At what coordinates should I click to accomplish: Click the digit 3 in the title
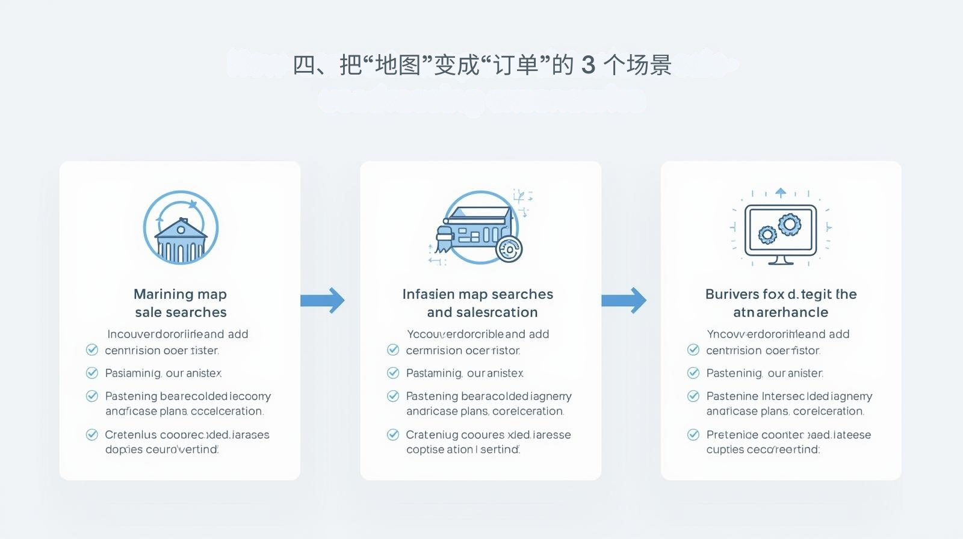(x=588, y=65)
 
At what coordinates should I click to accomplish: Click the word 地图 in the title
(x=397, y=65)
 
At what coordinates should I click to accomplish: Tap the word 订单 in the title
(x=515, y=65)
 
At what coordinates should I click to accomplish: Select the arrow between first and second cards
(x=323, y=300)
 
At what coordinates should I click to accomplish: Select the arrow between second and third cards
(x=624, y=300)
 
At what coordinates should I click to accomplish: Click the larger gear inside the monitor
(x=789, y=224)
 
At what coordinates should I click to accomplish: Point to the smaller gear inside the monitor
(x=767, y=235)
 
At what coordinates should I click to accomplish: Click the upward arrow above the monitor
(x=781, y=192)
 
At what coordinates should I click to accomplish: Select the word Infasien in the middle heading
(x=428, y=294)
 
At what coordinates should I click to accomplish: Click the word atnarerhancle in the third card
(x=781, y=312)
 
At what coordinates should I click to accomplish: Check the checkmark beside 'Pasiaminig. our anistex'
(x=92, y=373)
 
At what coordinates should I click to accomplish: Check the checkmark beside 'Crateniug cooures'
(x=393, y=434)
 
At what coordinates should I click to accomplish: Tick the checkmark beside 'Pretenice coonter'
(x=693, y=434)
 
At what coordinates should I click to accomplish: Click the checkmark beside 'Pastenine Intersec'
(x=693, y=396)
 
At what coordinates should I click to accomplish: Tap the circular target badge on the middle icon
(x=509, y=248)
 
